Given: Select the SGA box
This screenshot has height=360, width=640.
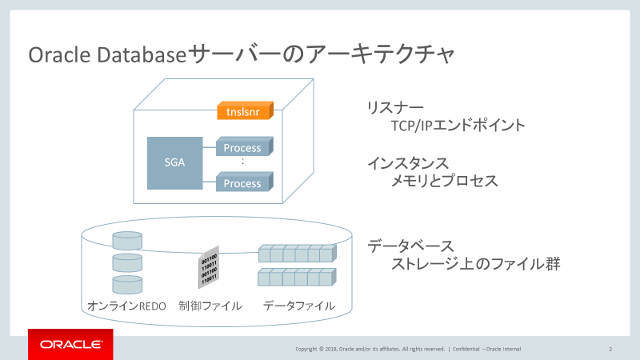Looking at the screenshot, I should click(x=174, y=162).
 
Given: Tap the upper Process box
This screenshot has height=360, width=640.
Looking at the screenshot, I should click(x=242, y=148).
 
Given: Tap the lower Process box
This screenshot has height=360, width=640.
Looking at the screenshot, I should click(x=242, y=183).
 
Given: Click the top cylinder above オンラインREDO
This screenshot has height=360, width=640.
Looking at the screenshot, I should click(x=127, y=241).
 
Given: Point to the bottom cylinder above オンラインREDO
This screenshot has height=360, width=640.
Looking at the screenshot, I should click(x=127, y=284).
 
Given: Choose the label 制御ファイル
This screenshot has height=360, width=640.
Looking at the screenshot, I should click(x=210, y=306).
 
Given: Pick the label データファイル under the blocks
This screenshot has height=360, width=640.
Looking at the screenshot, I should click(x=298, y=306).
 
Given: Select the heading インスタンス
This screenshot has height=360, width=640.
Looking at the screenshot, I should click(x=408, y=163).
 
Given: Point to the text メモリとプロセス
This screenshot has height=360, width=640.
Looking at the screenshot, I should click(x=444, y=182).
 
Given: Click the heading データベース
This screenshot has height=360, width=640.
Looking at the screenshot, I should click(x=410, y=244).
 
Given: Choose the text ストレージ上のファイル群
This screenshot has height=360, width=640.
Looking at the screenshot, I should click(x=474, y=262).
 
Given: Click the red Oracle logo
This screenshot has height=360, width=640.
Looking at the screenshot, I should click(x=70, y=345).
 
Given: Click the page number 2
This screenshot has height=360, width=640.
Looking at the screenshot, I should click(x=610, y=349).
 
